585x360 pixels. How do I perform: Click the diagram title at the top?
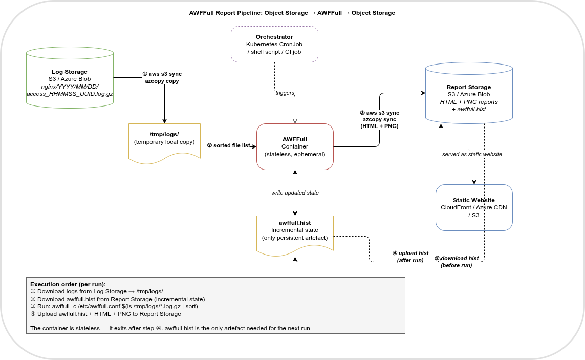(x=292, y=13)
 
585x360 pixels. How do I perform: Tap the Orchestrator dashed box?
(x=274, y=45)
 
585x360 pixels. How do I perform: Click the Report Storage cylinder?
(x=469, y=94)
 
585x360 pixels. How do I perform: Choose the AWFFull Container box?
(x=295, y=146)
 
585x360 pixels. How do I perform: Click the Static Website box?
(x=474, y=207)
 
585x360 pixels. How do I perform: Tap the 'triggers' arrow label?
(x=285, y=93)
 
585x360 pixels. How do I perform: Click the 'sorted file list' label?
(x=229, y=145)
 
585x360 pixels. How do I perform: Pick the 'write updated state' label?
(x=295, y=193)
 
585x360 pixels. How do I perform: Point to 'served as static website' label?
(x=472, y=154)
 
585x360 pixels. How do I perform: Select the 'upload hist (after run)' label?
(x=410, y=257)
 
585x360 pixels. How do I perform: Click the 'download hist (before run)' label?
(x=457, y=262)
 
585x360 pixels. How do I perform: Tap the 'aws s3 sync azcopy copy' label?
(x=162, y=77)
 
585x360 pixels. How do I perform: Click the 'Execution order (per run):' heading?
(x=68, y=284)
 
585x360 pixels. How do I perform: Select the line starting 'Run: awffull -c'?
(x=114, y=306)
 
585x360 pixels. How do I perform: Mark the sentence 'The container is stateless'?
(x=171, y=328)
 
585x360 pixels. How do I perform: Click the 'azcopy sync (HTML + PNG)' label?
(x=379, y=122)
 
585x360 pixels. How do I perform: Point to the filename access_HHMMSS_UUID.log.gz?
(x=70, y=94)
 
